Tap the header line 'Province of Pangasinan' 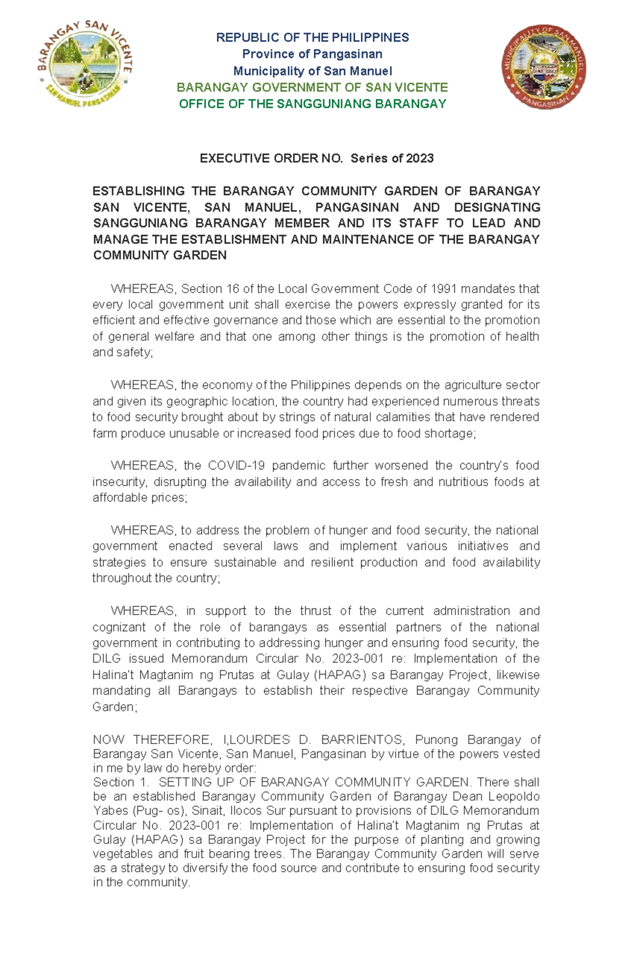pos(312,54)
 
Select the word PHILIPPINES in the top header pos(370,37)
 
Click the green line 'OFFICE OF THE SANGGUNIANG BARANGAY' pos(313,104)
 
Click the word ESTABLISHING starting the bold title pos(138,191)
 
